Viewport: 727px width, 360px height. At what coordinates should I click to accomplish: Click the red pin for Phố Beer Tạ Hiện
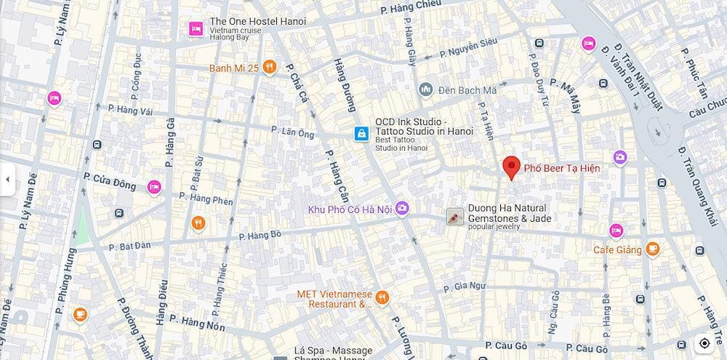coord(512,167)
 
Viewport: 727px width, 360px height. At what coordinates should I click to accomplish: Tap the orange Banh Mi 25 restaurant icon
coord(270,68)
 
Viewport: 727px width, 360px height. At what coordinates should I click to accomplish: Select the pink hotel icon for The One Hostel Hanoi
coord(195,28)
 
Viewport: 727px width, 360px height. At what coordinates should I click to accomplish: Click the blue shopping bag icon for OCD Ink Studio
coord(361,133)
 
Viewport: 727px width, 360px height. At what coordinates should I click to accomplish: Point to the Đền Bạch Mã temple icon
coord(426,90)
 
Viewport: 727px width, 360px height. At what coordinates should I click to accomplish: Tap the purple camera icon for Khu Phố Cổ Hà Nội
coord(402,209)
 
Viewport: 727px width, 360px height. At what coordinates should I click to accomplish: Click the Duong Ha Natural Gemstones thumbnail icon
coord(455,217)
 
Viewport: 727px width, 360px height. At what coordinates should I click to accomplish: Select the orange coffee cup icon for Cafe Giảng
coord(652,249)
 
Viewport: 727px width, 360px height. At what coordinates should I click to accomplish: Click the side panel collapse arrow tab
coord(7,180)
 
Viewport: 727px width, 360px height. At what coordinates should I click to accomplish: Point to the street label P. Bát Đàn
coord(129,246)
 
